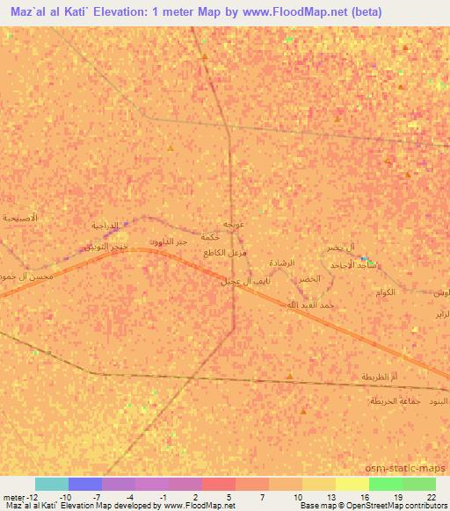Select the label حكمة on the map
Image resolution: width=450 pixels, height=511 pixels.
pos(209,237)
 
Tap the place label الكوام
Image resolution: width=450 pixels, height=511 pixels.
pos(386,291)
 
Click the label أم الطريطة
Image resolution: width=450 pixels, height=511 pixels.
pos(380,376)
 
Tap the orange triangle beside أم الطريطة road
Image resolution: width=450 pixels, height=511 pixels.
pos(290,377)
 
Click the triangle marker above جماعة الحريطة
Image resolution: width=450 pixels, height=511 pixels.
pos(304,411)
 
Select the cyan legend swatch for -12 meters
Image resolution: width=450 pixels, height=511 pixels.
pos(52,484)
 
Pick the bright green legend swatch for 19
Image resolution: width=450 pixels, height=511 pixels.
pos(386,484)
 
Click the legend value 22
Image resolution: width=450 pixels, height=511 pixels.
pos(430,497)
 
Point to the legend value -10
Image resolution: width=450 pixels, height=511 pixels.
pos(66,497)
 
